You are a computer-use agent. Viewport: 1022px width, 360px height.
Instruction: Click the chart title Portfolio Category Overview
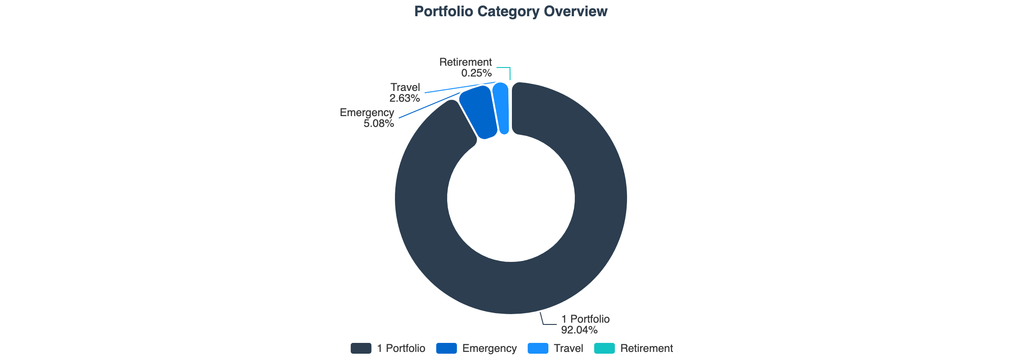[x=511, y=12]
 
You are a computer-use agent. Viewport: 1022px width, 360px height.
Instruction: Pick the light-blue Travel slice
[x=501, y=108]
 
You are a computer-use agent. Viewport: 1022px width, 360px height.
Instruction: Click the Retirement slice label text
[x=465, y=62]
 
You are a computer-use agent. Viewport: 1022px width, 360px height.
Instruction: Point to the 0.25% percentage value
[x=476, y=73]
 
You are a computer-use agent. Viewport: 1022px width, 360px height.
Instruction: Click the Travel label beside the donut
[x=405, y=87]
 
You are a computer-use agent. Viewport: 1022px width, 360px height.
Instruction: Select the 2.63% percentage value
[x=404, y=98]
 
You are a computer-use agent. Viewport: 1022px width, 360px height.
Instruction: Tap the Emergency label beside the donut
[x=367, y=112]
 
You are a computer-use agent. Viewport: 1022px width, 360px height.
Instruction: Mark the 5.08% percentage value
[x=378, y=123]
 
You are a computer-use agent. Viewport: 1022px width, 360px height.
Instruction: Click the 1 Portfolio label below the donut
[x=585, y=319]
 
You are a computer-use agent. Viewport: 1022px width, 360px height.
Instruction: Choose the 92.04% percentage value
[x=579, y=330]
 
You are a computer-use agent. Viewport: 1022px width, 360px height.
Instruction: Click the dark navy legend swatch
[x=361, y=348]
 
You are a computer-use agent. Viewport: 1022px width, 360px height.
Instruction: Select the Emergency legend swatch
[x=446, y=348]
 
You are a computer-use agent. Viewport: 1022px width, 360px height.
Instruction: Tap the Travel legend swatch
[x=538, y=348]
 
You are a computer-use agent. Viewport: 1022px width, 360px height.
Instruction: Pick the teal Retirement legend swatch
[x=604, y=348]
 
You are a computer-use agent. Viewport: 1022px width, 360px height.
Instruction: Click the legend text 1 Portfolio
[x=401, y=348]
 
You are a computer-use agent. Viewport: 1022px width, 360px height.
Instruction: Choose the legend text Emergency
[x=489, y=348]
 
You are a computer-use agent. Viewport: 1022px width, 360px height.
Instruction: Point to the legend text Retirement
[x=646, y=348]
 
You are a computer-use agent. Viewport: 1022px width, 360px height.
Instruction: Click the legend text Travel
[x=568, y=348]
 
